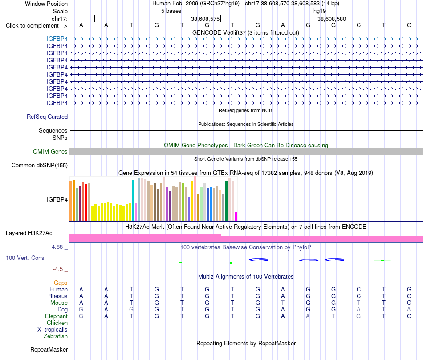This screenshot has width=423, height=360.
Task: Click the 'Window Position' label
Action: click(x=46, y=4)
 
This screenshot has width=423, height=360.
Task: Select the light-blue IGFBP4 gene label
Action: click(x=57, y=39)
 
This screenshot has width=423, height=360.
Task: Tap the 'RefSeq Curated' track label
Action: click(x=47, y=117)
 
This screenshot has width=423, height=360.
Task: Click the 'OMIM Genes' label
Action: click(x=50, y=152)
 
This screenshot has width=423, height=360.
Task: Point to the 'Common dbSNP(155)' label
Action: click(x=39, y=165)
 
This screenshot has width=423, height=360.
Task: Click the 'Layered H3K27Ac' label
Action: click(x=29, y=233)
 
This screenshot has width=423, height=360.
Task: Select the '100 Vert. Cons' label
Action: click(x=25, y=258)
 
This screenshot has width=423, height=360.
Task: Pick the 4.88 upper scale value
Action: click(x=57, y=247)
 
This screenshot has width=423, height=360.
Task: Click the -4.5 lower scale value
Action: click(x=58, y=269)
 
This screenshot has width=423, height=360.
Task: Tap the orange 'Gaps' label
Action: click(x=61, y=283)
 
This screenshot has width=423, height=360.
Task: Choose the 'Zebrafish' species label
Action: click(x=56, y=336)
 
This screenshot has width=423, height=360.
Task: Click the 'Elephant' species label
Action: click(x=56, y=316)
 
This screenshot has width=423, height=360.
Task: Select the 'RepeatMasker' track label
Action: click(x=49, y=349)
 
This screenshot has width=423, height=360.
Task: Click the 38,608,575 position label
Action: click(x=205, y=19)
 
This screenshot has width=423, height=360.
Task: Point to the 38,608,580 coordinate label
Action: click(x=332, y=19)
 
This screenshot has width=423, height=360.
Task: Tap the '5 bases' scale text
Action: click(x=171, y=11)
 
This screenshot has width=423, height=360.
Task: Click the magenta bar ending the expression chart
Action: click(x=236, y=216)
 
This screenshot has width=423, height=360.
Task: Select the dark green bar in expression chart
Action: click(x=226, y=201)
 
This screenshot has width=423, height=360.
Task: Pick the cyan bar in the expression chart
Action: click(x=133, y=200)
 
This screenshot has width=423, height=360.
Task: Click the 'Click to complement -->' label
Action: click(x=37, y=26)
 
